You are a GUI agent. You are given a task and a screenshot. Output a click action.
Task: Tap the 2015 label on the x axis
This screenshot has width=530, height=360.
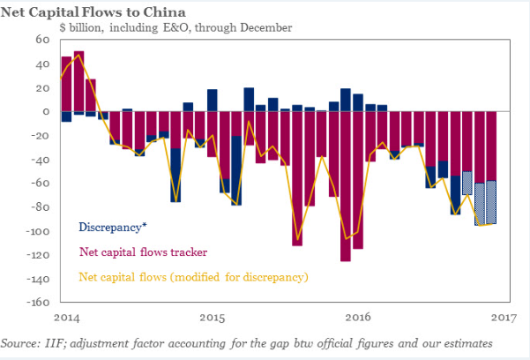point(212,317)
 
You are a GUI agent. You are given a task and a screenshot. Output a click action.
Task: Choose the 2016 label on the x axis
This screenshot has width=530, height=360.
point(357,317)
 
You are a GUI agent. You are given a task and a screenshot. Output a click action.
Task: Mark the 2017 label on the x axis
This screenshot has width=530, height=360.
point(502,317)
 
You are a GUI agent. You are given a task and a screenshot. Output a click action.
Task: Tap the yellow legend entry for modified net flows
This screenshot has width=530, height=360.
point(194,276)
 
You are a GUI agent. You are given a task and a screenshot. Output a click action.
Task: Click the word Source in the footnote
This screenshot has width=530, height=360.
point(19,342)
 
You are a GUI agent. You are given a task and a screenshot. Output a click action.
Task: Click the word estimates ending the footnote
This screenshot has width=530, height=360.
point(467,342)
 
